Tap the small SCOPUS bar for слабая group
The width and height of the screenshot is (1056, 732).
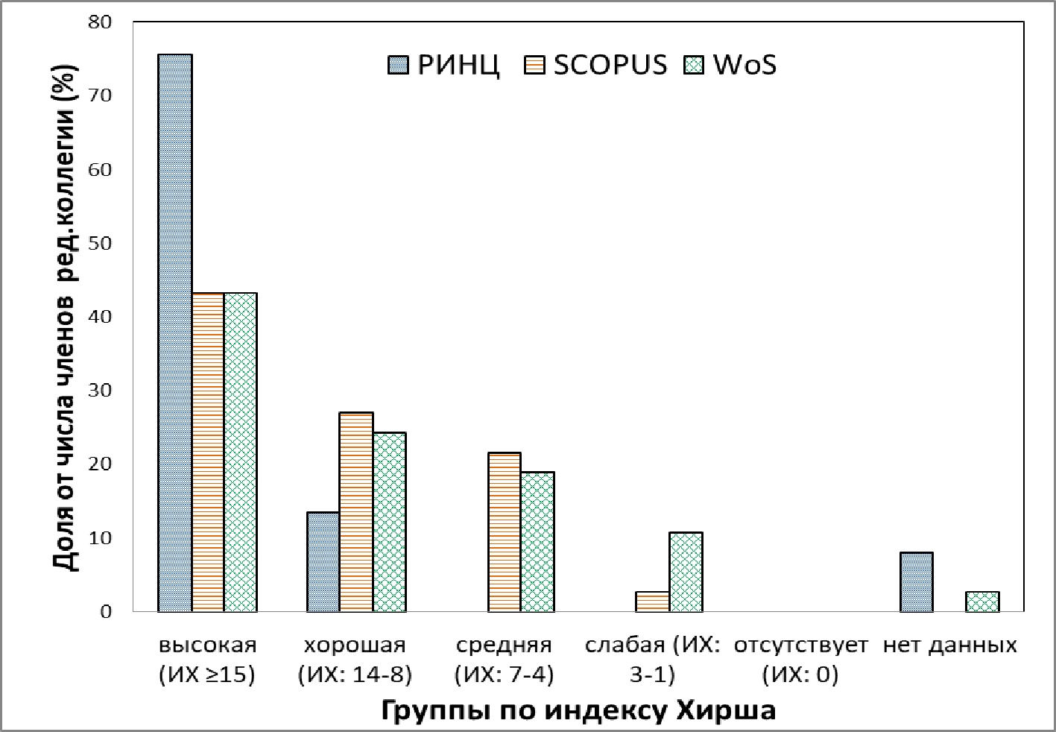(652, 602)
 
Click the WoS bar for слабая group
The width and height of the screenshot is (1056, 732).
(686, 572)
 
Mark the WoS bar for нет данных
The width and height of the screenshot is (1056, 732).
(982, 602)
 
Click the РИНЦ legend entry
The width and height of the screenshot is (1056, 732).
(443, 65)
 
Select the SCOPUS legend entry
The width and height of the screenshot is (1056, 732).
(596, 65)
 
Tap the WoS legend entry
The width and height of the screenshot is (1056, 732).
(730, 65)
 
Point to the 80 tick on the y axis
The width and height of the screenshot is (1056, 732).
(101, 22)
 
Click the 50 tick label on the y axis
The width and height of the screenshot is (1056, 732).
(101, 244)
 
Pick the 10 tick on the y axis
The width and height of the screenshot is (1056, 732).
(101, 538)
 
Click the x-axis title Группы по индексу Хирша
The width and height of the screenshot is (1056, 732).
(578, 710)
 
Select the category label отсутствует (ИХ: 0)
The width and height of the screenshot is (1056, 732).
(800, 660)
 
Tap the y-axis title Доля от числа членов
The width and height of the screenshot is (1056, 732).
(67, 317)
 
